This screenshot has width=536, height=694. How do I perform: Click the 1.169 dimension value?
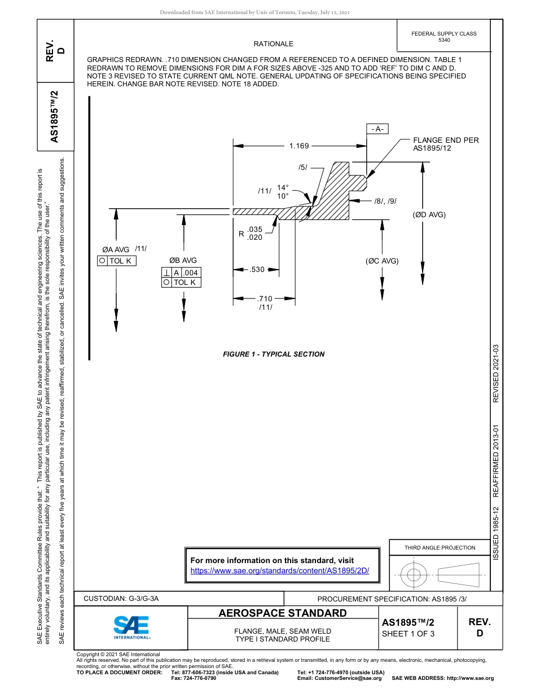click(299, 146)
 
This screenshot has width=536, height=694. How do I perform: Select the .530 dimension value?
click(257, 270)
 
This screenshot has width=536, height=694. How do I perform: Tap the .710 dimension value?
click(265, 298)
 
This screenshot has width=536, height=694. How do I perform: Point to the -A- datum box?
click(377, 129)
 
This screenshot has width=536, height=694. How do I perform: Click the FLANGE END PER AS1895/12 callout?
click(446, 144)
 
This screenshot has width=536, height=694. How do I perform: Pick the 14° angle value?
click(283, 187)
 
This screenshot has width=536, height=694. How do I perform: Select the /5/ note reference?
click(303, 168)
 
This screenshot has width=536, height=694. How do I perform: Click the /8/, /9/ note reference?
click(386, 201)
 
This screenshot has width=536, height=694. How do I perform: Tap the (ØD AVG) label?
click(429, 214)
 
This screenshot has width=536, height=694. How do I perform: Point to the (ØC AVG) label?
click(382, 261)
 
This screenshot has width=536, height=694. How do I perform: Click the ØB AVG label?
click(183, 261)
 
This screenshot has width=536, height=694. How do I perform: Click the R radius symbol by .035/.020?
click(241, 234)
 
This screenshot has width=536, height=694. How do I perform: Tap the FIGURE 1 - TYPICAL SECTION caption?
click(274, 354)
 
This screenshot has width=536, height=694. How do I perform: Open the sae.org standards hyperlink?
click(280, 570)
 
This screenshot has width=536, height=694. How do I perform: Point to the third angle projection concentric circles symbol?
click(414, 575)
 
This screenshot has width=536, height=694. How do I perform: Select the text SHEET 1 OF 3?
click(408, 633)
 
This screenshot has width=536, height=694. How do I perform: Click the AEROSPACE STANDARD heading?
click(283, 613)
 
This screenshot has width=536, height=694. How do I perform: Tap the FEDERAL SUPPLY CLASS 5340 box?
click(444, 37)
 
